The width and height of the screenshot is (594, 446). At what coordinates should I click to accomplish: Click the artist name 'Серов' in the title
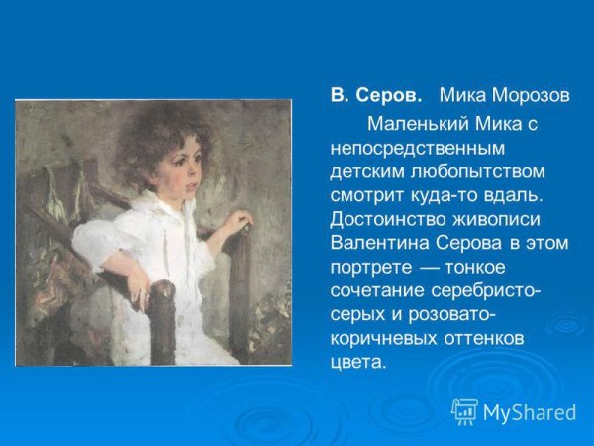coord(389,97)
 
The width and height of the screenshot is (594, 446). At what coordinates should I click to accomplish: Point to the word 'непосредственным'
coord(417,148)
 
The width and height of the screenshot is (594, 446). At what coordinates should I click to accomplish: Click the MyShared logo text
coord(529,412)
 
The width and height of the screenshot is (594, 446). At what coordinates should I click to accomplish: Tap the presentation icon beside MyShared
coord(464,411)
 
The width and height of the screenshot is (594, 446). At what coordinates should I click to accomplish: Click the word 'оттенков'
coord(487,338)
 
